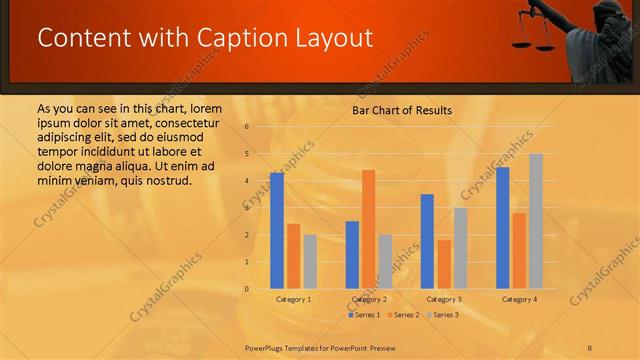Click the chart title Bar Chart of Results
coord(401,110)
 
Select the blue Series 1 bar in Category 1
coord(277,231)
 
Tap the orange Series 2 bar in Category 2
coord(369,229)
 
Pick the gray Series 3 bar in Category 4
coord(536,221)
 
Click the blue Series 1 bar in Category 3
coord(427,241)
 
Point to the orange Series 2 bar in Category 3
coord(444,264)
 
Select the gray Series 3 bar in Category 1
coord(310,262)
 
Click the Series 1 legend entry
coord(364,315)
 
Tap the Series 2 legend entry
coord(403,315)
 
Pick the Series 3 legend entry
coord(442,315)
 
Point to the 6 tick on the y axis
coord(247,127)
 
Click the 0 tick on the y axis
coord(247,289)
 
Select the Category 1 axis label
coord(293,300)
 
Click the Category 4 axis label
coord(519,300)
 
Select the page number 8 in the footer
coord(590,347)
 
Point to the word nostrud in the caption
coord(163,180)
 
